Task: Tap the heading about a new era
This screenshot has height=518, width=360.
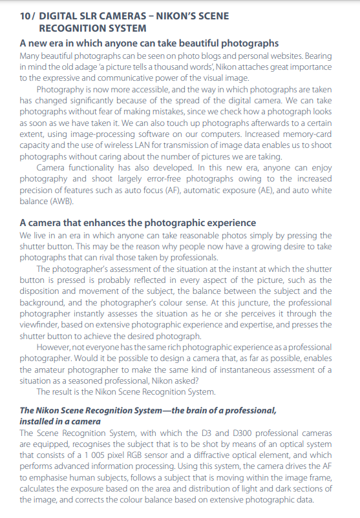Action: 149,43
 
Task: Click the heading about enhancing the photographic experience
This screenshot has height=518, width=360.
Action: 138,223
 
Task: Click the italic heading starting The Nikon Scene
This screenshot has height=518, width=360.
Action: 148,410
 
